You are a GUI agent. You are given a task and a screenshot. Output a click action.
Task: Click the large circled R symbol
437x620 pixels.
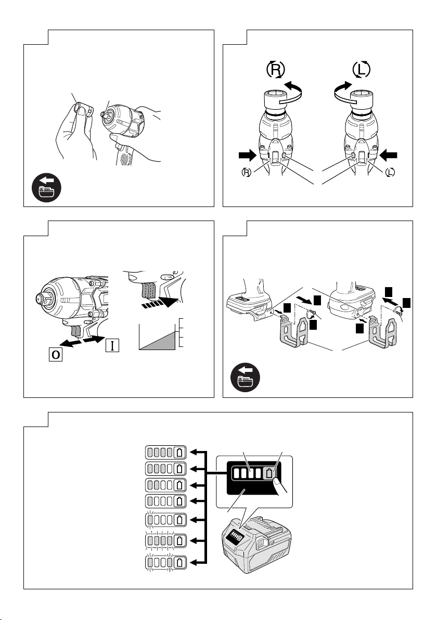click(x=275, y=70)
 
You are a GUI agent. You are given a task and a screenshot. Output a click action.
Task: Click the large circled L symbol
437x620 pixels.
click(x=361, y=70)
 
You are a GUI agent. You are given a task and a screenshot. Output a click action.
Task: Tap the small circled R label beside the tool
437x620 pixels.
click(x=247, y=172)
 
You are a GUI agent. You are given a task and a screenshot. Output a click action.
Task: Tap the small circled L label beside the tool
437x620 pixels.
click(x=390, y=172)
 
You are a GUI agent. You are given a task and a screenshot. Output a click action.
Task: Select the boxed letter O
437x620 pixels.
click(x=56, y=354)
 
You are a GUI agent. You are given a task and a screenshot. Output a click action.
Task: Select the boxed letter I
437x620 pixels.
click(x=112, y=345)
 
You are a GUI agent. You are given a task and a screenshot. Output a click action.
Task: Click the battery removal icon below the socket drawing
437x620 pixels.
click(x=46, y=188)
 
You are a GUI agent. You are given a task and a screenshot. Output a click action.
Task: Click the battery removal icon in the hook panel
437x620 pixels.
click(x=245, y=378)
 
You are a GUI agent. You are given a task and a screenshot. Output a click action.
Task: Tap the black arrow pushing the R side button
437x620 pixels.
click(x=248, y=156)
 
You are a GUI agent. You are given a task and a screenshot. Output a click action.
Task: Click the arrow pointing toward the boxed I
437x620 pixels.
click(x=95, y=338)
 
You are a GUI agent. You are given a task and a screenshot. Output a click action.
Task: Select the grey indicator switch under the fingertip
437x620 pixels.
click(x=269, y=473)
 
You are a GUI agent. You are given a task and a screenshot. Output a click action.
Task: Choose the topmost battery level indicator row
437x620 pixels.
click(x=166, y=453)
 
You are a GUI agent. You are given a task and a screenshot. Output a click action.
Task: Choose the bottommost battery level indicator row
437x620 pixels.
click(x=166, y=562)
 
